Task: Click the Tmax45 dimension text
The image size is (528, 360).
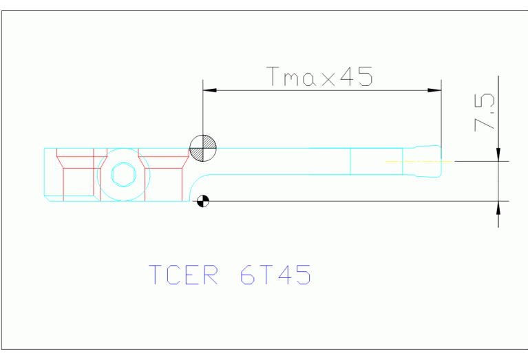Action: click(x=320, y=76)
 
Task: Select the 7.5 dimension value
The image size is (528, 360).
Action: click(x=484, y=113)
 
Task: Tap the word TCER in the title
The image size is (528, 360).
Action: click(x=184, y=275)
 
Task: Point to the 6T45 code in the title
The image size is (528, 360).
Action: click(x=275, y=275)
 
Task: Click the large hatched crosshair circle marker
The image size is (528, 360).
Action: click(x=203, y=148)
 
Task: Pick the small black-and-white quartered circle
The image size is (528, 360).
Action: click(x=202, y=201)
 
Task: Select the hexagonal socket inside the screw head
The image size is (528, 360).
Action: click(x=123, y=175)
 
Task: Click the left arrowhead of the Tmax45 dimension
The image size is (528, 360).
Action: click(x=210, y=89)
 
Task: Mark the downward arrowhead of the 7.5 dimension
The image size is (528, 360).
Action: click(x=498, y=153)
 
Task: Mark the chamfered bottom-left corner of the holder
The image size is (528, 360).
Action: click(x=47, y=198)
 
